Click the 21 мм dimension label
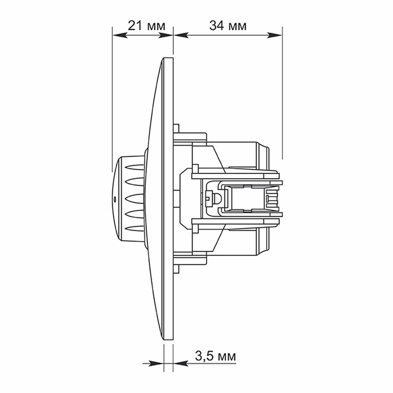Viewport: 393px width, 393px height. pos(147,26)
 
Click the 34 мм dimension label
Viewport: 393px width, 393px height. pos(228,26)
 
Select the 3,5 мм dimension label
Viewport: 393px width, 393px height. pos(215,356)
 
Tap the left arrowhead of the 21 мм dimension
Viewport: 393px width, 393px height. pos(120,35)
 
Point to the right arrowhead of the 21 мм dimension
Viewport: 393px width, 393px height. pos(166,35)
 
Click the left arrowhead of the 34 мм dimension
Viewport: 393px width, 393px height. pos(181,35)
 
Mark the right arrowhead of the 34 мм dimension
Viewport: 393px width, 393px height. pos(275,35)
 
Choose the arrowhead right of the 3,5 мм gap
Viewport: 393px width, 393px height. pos(180,363)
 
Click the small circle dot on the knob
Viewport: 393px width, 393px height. pos(114,199)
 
